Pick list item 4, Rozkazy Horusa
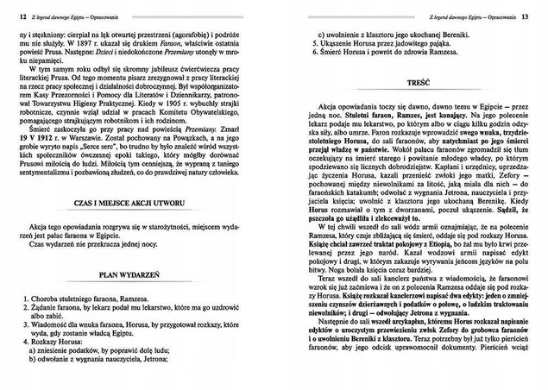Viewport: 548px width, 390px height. point(60,343)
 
